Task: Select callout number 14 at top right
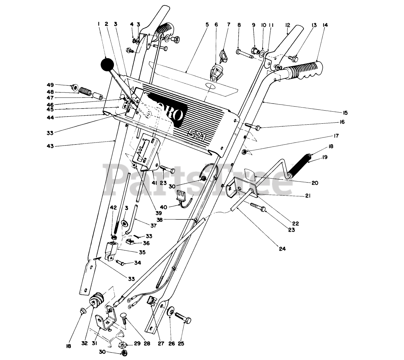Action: click(325, 25)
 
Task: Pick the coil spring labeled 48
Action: click(85, 91)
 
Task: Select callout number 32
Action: click(84, 344)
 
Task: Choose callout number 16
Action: click(342, 122)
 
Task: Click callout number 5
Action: click(207, 25)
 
